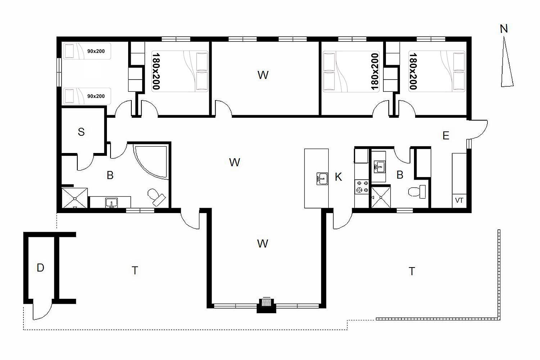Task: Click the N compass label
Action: pyautogui.click(x=504, y=29)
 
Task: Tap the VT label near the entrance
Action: pyautogui.click(x=459, y=201)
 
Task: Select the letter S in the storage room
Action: pyautogui.click(x=81, y=132)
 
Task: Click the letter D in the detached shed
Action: pyautogui.click(x=40, y=267)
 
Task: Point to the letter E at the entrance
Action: pyautogui.click(x=446, y=135)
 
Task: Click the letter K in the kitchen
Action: pyautogui.click(x=338, y=177)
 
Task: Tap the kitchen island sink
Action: pyautogui.click(x=322, y=179)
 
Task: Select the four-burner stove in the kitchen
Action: pyautogui.click(x=361, y=187)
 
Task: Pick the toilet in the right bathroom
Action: pyautogui.click(x=417, y=192)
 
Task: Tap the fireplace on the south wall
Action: pyautogui.click(x=266, y=306)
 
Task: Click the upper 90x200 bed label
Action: pyautogui.click(x=96, y=51)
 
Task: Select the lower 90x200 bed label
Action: pyautogui.click(x=96, y=96)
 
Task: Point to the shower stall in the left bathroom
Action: pyautogui.click(x=75, y=198)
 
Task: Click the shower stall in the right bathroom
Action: pyautogui.click(x=381, y=197)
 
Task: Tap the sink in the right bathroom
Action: pyautogui.click(x=379, y=167)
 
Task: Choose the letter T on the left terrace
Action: pyautogui.click(x=135, y=271)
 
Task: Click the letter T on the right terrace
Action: pyautogui.click(x=412, y=271)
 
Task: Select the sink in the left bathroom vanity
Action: pyautogui.click(x=111, y=203)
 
